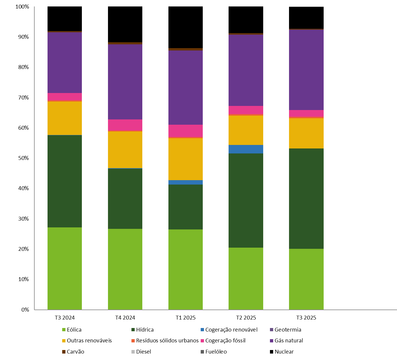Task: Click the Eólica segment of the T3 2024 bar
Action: (65, 268)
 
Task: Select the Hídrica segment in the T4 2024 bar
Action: (125, 199)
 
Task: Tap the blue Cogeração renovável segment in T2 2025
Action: (246, 149)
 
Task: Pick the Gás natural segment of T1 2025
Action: (185, 87)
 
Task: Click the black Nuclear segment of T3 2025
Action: (306, 18)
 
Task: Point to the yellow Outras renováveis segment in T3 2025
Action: (306, 133)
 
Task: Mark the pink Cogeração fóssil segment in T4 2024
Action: (125, 125)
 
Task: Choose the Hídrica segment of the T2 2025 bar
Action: (246, 200)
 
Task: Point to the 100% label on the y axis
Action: (22, 6)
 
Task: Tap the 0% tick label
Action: (25, 310)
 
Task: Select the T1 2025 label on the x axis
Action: (185, 317)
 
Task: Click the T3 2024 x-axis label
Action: (65, 317)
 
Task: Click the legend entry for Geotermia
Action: (288, 329)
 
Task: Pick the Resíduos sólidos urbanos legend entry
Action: (167, 341)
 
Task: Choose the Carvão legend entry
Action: (75, 351)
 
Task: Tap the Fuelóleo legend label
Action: (216, 351)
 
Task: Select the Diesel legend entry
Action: (143, 351)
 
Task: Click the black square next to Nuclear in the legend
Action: (271, 351)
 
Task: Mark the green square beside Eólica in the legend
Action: (64, 329)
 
